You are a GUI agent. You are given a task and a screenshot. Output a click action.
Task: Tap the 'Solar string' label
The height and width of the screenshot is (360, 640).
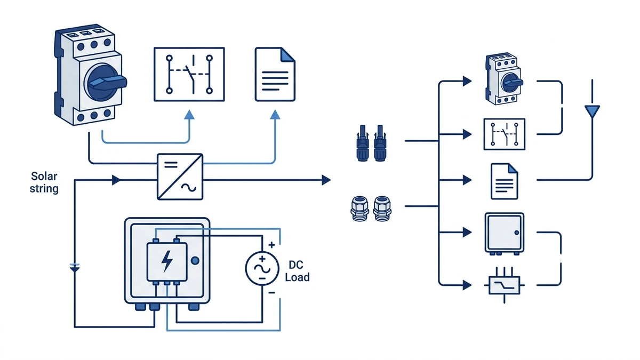[x=44, y=182]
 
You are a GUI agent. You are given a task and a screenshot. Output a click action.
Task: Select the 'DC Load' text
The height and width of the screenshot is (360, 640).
[x=297, y=271]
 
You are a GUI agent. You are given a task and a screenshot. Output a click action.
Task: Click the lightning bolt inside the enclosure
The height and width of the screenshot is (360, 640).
[x=167, y=261]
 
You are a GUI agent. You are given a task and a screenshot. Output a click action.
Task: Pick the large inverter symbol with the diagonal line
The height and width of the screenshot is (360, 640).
[x=180, y=177]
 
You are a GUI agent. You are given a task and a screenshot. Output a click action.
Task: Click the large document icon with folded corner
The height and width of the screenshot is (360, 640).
[x=275, y=74]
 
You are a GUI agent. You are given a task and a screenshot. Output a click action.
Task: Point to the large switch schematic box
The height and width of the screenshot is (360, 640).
[x=189, y=74]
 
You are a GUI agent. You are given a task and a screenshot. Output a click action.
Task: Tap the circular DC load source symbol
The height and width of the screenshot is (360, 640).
[x=262, y=269]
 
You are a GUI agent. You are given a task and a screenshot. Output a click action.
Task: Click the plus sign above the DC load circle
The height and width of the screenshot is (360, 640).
[x=271, y=245]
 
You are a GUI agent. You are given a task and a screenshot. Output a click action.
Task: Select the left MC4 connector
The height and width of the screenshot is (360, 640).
[x=363, y=143]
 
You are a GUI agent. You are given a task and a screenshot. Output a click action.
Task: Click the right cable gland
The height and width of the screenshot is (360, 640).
[x=382, y=209]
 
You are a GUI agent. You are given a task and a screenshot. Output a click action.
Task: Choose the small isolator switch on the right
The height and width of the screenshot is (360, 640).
[x=503, y=78]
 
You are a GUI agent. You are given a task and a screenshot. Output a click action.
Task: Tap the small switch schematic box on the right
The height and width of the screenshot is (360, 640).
[x=505, y=134]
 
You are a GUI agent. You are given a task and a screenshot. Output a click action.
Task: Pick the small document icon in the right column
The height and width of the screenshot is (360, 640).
[x=505, y=181]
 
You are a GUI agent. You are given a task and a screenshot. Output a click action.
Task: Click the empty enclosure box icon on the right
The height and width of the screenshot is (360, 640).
[x=505, y=234]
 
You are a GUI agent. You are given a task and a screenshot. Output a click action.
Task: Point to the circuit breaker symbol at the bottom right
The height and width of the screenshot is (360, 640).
[x=505, y=285]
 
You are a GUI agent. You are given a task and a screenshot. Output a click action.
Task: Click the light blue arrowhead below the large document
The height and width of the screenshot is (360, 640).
[x=275, y=115]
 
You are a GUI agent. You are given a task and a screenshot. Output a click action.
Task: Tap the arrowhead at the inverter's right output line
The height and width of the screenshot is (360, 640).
[x=326, y=180]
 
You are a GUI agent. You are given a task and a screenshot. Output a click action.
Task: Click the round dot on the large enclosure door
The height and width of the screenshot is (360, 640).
[x=195, y=261]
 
